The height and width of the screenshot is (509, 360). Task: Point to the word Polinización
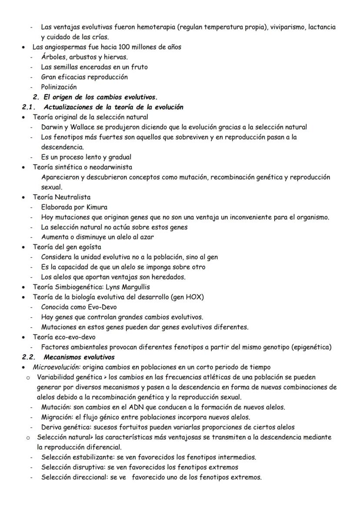59,87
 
